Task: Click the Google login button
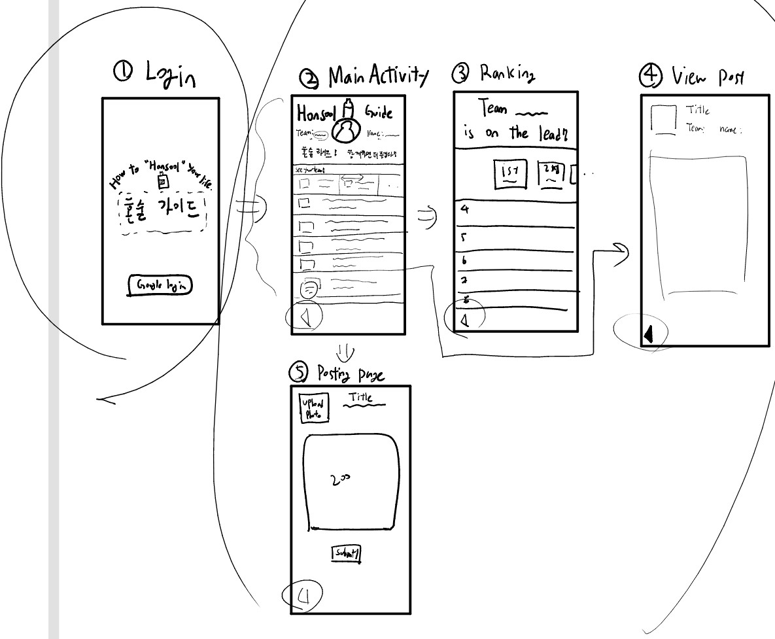point(160,286)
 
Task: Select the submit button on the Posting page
point(347,553)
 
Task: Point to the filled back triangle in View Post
point(648,334)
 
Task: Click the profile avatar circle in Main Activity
point(345,131)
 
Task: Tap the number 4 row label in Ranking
point(464,210)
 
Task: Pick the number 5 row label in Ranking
point(464,239)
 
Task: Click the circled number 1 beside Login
point(121,76)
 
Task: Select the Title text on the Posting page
point(360,397)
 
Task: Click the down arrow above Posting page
point(346,354)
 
